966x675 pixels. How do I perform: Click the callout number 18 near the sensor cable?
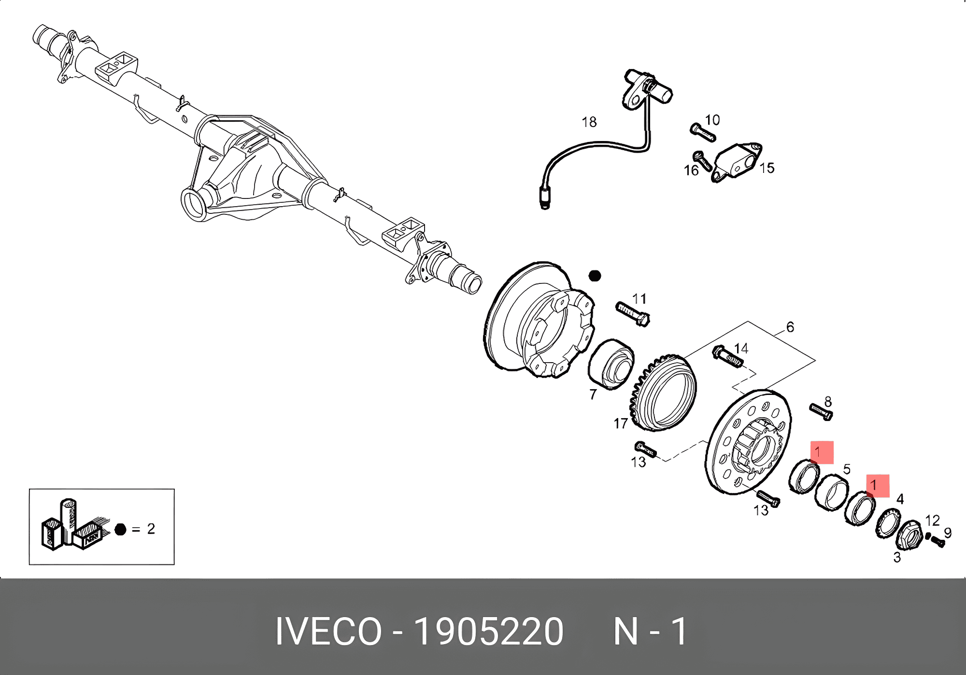pos(589,122)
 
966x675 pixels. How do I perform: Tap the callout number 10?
pos(712,120)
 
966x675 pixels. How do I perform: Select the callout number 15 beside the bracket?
pos(767,168)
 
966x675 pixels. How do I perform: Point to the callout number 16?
pos(691,170)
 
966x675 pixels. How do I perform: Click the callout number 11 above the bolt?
pos(639,299)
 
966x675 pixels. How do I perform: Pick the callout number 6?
pos(790,327)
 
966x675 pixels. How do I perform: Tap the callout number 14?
pos(741,349)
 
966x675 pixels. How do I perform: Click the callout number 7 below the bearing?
pos(593,394)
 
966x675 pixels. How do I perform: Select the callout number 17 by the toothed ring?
pos(621,423)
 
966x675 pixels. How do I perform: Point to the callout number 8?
pos(828,402)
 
